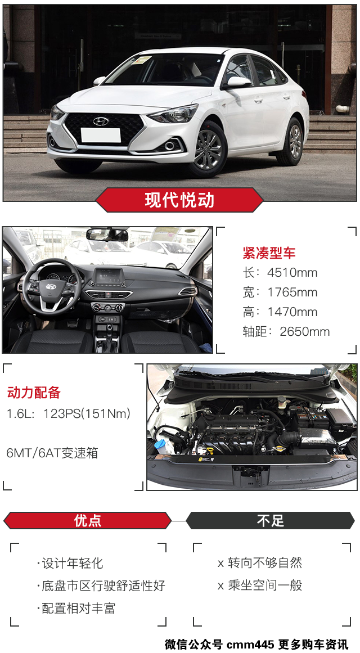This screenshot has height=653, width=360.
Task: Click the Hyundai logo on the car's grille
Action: point(101,121)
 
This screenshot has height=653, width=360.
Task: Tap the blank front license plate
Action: point(101,135)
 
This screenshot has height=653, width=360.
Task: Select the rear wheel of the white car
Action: point(294,141)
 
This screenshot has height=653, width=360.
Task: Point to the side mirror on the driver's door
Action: point(237,82)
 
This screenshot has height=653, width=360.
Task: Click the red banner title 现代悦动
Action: point(179,200)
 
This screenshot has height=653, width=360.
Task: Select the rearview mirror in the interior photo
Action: point(107,235)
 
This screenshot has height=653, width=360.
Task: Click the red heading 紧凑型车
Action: point(269,253)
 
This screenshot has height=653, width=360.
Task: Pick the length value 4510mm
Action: point(292,273)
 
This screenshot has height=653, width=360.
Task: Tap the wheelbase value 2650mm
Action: point(304,332)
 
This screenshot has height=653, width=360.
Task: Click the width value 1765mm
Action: point(292,292)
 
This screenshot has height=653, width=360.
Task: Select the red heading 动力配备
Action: point(34,392)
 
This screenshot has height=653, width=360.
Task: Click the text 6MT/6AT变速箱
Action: point(52,453)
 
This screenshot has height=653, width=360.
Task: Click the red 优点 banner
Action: point(88,521)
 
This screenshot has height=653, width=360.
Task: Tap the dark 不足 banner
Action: point(271,521)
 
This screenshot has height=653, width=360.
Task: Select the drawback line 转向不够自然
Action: point(265,563)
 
